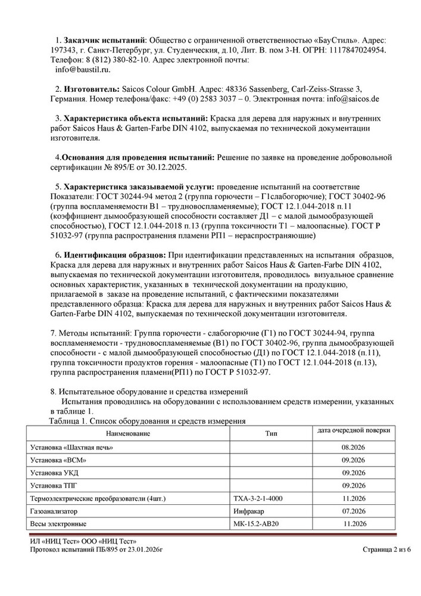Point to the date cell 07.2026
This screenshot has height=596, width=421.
353,511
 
